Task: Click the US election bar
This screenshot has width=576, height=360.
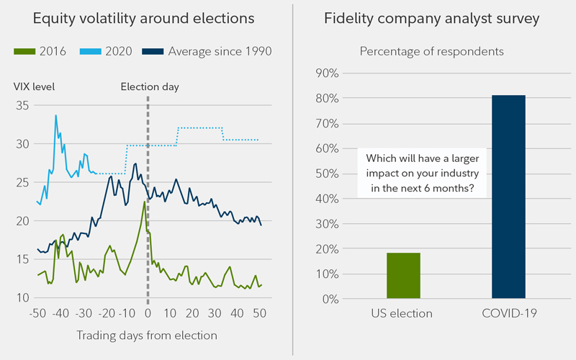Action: coord(403,276)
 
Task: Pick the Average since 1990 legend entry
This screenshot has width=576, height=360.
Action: coord(209,51)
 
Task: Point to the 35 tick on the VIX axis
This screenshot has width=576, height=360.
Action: coord(22,105)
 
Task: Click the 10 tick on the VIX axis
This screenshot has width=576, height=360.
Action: coord(22,297)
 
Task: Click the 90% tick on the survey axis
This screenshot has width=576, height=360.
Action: coord(328,73)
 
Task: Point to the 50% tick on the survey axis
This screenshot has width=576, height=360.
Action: coord(328,174)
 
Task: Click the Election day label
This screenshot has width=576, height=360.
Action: coord(150,87)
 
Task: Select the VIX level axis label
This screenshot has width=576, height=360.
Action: coord(34,87)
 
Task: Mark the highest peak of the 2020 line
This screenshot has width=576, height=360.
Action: coord(55,115)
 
